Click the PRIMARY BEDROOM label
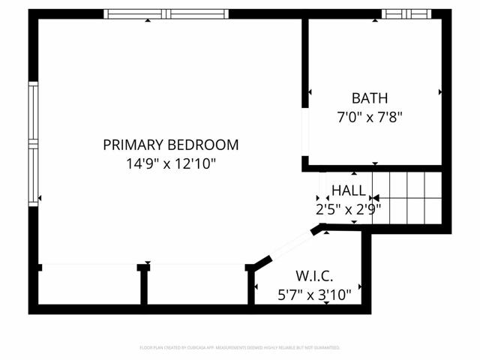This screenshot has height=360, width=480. [171, 145]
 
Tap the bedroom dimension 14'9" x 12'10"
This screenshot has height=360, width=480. [171, 163]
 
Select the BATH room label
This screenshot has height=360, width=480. [370, 97]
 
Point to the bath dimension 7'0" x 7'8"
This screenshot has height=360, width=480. [370, 117]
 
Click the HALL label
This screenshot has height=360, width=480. [349, 190]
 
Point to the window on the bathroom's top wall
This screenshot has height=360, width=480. [407, 13]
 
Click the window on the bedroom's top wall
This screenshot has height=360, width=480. [166, 13]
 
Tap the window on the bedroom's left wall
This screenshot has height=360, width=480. [33, 142]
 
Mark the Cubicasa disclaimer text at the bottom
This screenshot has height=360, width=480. [240, 348]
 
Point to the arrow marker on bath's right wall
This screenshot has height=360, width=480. [439, 92]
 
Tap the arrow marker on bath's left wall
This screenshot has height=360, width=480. [310, 92]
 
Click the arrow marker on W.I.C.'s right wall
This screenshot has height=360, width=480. [361, 286]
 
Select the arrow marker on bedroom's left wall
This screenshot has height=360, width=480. [40, 198]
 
